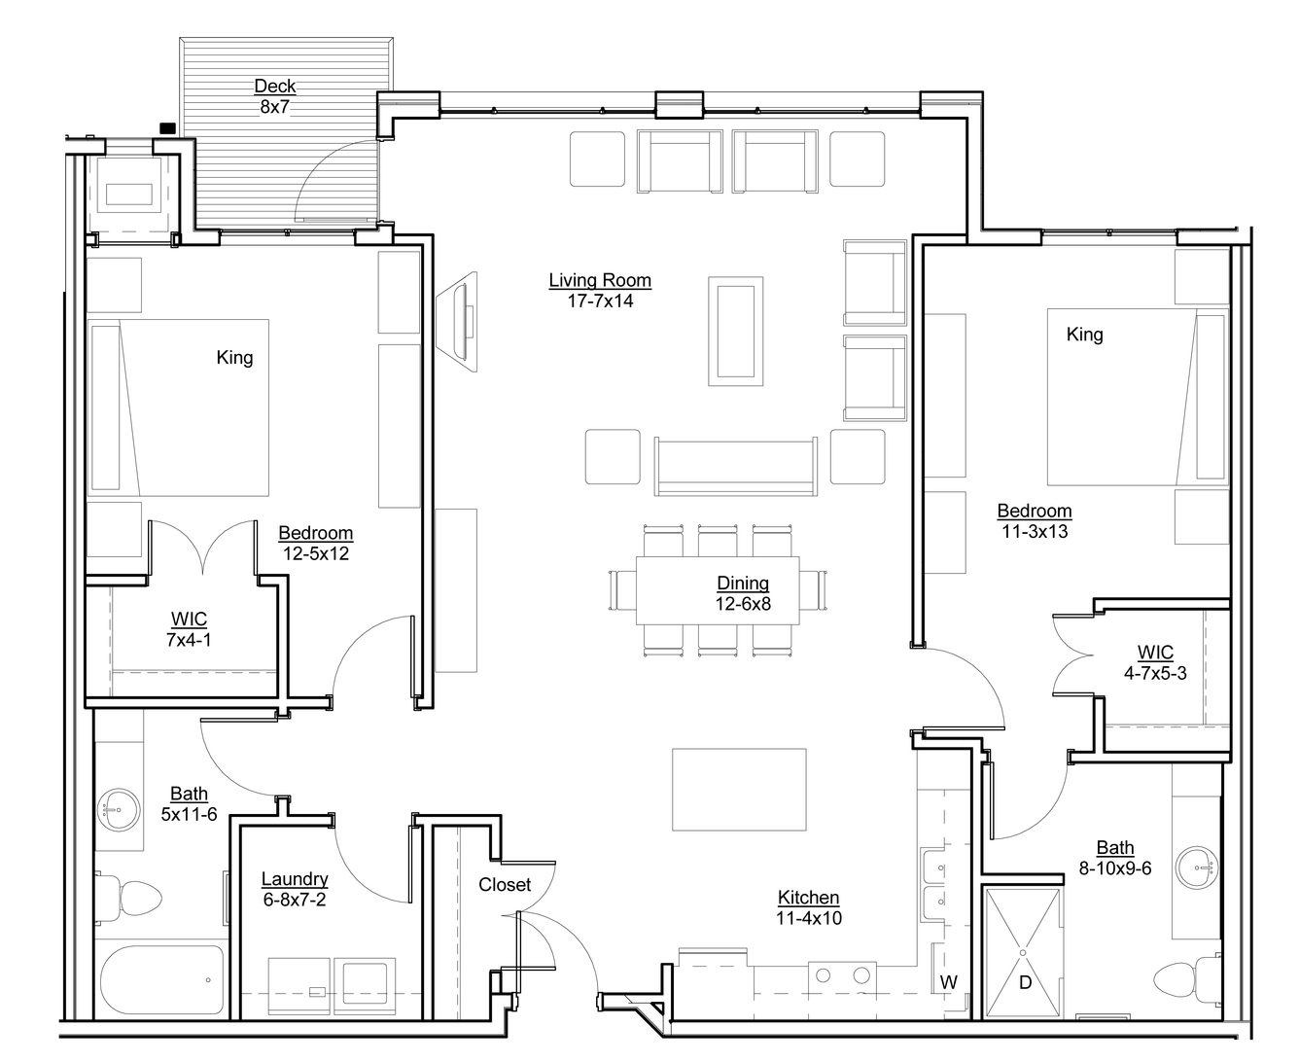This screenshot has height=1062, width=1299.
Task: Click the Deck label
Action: click(x=275, y=87)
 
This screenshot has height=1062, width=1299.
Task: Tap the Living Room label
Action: click(x=600, y=280)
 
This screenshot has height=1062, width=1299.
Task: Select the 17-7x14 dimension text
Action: click(x=600, y=301)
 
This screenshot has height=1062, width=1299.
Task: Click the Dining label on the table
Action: click(x=743, y=583)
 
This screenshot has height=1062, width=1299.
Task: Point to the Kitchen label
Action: click(x=808, y=897)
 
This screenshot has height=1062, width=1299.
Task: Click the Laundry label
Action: click(x=295, y=879)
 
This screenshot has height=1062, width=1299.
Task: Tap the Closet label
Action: click(x=505, y=885)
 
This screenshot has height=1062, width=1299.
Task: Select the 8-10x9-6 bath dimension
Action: click(x=1115, y=868)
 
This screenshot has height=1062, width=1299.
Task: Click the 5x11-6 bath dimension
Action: click(x=189, y=814)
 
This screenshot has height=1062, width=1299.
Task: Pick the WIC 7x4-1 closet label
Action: click(x=189, y=629)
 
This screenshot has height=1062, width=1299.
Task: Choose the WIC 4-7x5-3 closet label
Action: click(x=1155, y=662)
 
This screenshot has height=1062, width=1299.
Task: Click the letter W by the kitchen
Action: click(x=949, y=982)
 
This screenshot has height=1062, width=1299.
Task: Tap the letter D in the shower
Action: click(x=1025, y=982)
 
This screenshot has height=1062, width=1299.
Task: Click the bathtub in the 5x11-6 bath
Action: click(x=162, y=979)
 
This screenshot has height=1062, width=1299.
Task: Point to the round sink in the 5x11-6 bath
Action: click(x=120, y=809)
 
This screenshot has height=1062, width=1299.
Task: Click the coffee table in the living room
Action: click(x=735, y=332)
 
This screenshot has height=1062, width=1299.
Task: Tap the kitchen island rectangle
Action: click(x=739, y=790)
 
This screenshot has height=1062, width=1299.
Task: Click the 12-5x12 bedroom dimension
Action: click(x=316, y=553)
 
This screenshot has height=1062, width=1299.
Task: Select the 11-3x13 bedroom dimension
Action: click(x=1035, y=532)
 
